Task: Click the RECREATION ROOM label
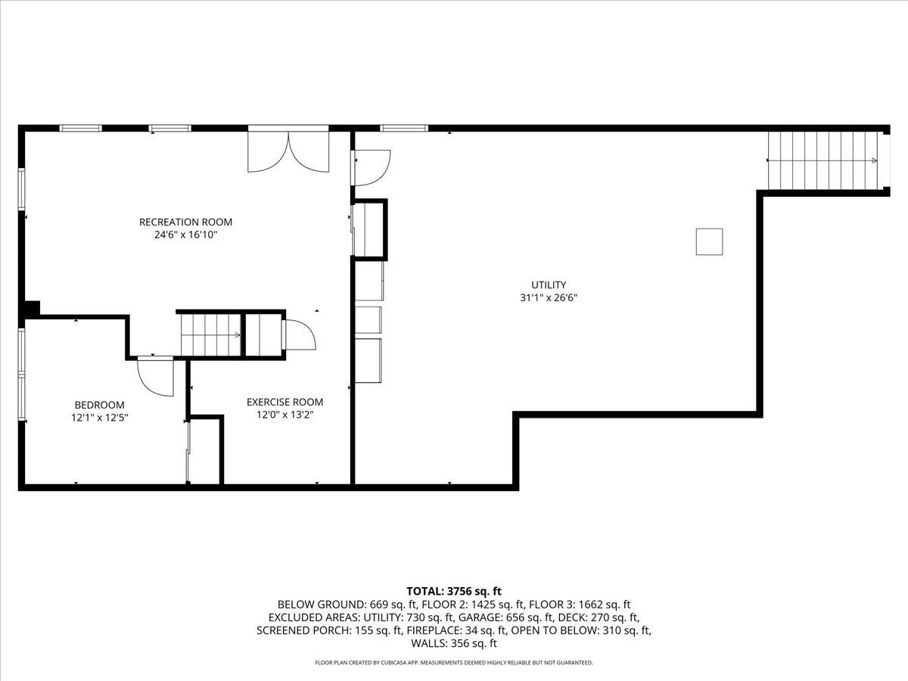185,222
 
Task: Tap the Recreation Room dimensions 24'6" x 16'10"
185,235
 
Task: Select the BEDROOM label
99,405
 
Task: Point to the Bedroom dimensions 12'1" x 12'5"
99,418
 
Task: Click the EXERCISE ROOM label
285,402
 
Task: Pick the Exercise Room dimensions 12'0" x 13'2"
285,415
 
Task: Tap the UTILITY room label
549,285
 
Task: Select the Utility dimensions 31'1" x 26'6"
549,297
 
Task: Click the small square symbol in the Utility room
709,241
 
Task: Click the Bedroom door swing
156,377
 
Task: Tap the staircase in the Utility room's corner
822,160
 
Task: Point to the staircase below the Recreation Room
211,335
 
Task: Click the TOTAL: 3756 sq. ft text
454,591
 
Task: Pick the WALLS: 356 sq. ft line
454,643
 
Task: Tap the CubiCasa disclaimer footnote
454,663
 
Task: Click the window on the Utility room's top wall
404,128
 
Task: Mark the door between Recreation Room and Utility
370,168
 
